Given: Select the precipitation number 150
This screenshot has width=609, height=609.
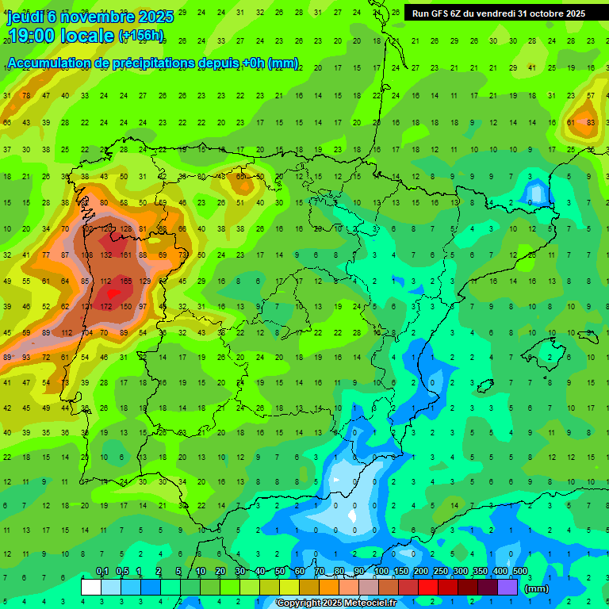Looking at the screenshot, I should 124,307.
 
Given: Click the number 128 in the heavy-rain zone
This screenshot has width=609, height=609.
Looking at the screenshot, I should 124,229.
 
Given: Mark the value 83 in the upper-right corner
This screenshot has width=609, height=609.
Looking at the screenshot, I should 590,122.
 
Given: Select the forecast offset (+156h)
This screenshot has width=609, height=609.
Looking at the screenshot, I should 141,36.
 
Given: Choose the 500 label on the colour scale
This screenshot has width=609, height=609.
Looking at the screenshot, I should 519,571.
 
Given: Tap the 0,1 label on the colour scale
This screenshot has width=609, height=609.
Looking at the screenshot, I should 101,571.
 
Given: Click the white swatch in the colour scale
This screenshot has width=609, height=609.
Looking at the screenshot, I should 91,587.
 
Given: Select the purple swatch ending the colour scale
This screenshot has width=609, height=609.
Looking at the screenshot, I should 507,587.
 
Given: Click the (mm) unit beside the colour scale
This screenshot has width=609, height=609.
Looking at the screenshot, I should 536,588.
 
